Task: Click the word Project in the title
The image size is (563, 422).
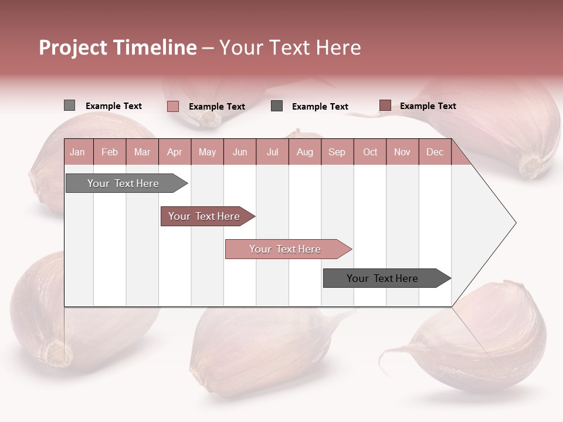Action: coord(73,48)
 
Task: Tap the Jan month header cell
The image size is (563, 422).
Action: coord(77,152)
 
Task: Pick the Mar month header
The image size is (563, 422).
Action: coord(142,152)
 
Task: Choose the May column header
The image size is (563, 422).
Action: coord(207,152)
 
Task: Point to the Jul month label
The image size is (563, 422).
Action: coord(272,152)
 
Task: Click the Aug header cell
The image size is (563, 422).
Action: coord(304,152)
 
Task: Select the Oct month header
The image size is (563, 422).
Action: coord(370,152)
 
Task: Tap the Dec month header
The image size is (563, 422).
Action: coord(435,152)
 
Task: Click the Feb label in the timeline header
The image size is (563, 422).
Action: coord(110,152)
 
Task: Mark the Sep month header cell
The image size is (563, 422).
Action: coord(337,152)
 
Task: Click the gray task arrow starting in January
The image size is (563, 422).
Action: coord(124,183)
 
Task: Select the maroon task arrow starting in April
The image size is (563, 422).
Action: coord(205,216)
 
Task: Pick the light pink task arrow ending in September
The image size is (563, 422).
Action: coord(286,249)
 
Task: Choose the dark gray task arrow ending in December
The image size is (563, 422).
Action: coord(383,278)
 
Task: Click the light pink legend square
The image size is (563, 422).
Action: coord(172,106)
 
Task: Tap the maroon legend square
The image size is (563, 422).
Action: coord(385,105)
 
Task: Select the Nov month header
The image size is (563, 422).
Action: coord(402,152)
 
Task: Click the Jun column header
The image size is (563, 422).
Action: coord(240,152)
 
